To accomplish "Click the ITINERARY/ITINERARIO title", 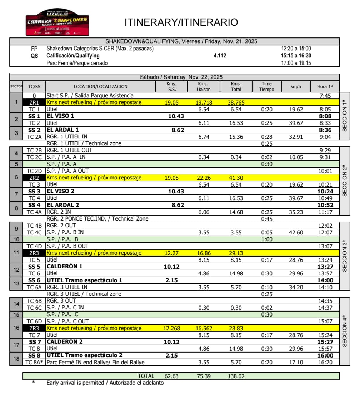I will tap(181, 22).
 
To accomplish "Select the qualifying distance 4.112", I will tap(220, 56).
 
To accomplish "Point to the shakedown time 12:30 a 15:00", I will tap(296, 49).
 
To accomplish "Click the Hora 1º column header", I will tap(325, 86).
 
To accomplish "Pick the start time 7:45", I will tap(325, 96).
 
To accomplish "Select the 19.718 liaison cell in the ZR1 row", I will tap(204, 102).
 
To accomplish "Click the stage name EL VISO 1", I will tap(63, 116).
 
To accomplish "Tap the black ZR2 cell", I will tap(34, 178).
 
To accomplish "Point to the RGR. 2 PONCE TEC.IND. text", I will tap(97, 219).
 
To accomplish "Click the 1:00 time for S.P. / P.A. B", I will tap(266, 239).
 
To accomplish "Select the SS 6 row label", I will tap(34, 280).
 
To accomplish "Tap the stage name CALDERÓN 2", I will tap(65, 342).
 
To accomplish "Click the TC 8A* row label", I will tap(34, 363).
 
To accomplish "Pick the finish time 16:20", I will tap(325, 363).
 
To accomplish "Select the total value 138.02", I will tap(236, 376).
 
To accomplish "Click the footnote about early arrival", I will tap(105, 383).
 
